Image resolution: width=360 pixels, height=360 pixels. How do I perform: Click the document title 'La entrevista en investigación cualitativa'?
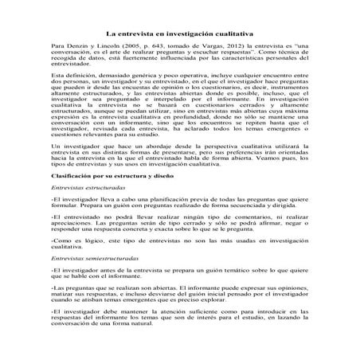tap(180, 36)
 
